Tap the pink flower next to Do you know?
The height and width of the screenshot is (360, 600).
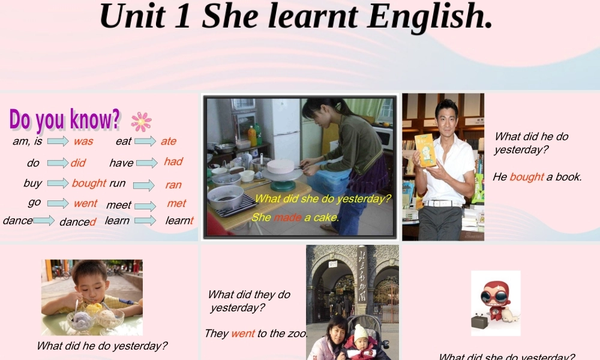(x=141, y=121)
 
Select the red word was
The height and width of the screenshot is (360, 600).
(x=83, y=142)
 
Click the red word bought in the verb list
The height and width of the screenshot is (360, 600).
(x=89, y=183)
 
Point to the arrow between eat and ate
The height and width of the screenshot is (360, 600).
(x=145, y=142)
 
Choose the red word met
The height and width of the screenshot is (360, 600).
(x=176, y=204)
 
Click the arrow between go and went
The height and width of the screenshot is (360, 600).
(x=58, y=203)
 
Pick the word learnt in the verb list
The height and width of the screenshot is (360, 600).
(x=179, y=221)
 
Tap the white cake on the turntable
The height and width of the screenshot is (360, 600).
(x=280, y=166)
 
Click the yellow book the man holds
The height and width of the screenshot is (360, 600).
(x=425, y=150)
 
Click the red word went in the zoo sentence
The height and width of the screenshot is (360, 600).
(x=243, y=334)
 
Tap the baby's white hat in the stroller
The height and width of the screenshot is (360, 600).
(x=361, y=332)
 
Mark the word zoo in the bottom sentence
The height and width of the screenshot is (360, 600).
(x=296, y=334)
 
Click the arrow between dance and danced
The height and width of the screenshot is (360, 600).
(x=44, y=221)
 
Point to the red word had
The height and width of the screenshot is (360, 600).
(x=173, y=161)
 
